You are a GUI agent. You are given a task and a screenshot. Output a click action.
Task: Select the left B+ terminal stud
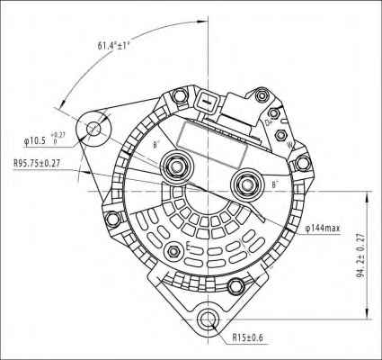coord(174,166)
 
